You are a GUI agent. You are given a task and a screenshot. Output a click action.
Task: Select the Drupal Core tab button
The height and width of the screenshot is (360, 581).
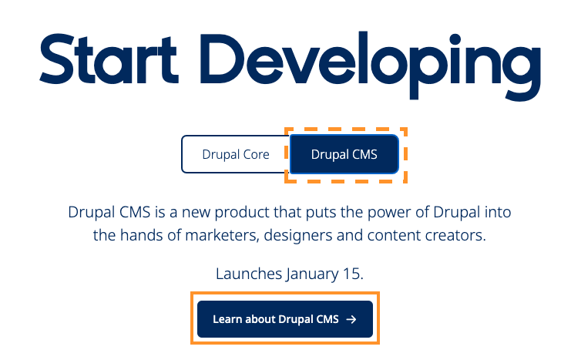pos(235,154)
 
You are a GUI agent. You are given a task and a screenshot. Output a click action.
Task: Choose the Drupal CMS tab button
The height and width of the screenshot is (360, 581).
pos(344,154)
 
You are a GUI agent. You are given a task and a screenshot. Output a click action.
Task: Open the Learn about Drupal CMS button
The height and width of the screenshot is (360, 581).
pos(284,319)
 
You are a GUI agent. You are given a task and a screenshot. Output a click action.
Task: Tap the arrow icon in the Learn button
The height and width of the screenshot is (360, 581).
pos(351,319)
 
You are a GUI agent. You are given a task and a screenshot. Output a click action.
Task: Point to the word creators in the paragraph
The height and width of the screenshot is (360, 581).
pos(458,236)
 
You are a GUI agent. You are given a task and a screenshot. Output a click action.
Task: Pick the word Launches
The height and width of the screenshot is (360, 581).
pos(248,274)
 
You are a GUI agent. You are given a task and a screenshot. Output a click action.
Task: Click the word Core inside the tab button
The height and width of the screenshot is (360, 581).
pos(255,154)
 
